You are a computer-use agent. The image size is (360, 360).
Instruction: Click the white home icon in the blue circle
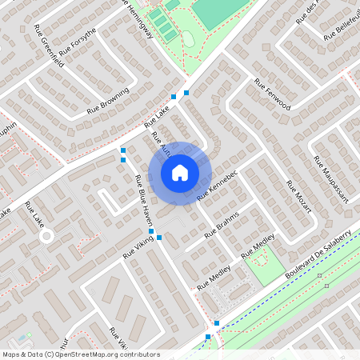pyautogui.click(x=180, y=172)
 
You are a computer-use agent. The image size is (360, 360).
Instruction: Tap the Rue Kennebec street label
pyautogui.click(x=218, y=184)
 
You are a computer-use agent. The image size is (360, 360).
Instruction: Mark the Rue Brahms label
pyautogui.click(x=222, y=227)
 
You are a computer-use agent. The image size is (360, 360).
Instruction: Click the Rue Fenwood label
pyautogui.click(x=272, y=94)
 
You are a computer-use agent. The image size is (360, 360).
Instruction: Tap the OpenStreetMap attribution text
pyautogui.click(x=81, y=354)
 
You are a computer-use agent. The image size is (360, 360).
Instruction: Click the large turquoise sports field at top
pyautogui.click(x=218, y=12)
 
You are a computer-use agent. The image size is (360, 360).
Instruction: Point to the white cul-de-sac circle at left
pyautogui.click(x=46, y=237)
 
